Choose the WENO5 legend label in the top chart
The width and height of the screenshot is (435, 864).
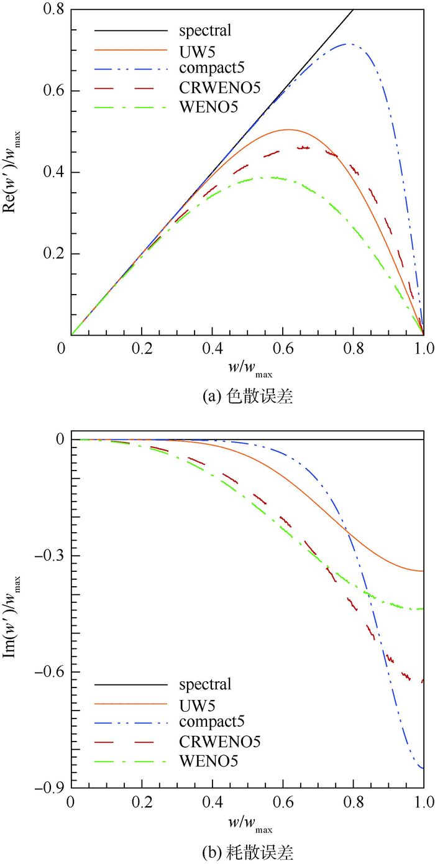click(204, 107)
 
